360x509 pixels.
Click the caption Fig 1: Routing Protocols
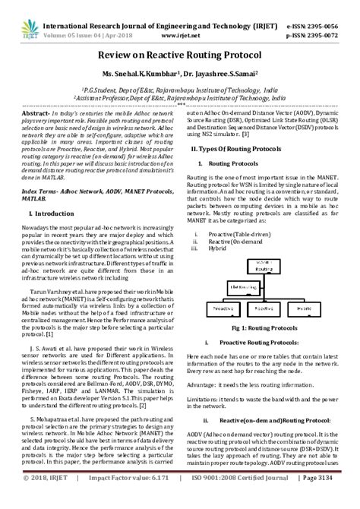pos(262,327)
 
